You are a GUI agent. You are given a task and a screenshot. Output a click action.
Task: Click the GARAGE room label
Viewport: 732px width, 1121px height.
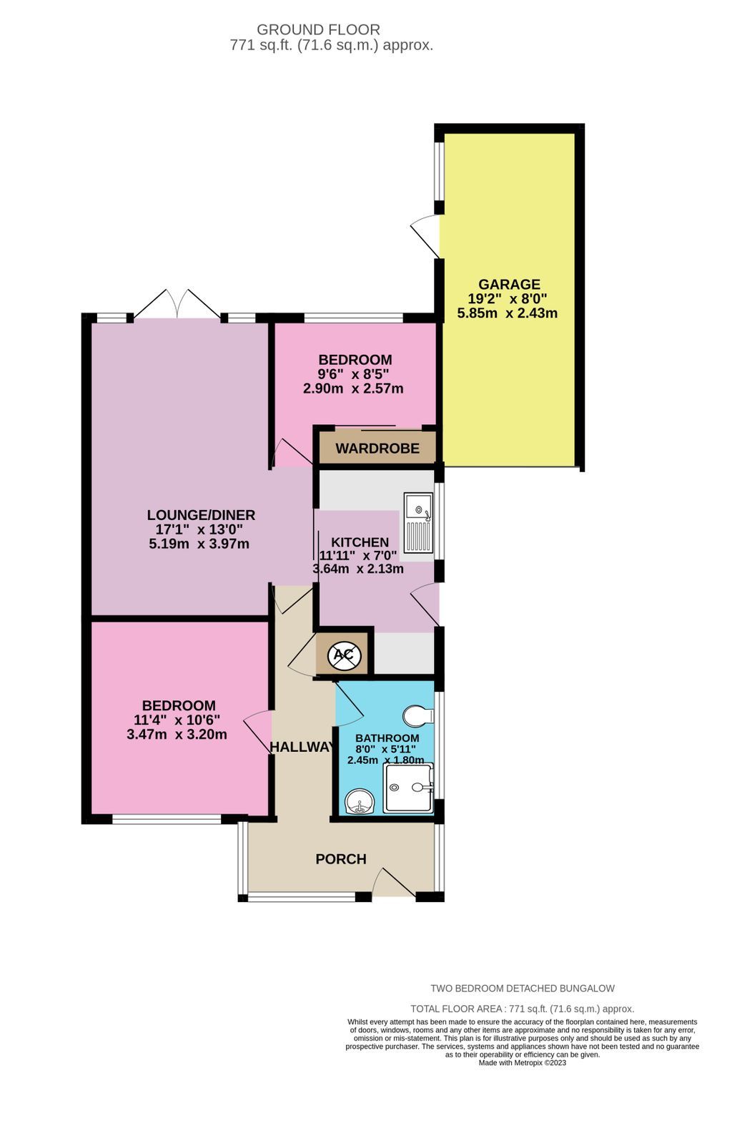tap(509, 284)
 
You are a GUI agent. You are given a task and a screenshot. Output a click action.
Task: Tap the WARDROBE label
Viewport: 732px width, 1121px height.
tap(377, 449)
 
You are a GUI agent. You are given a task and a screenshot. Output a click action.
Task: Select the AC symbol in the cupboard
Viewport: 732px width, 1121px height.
tap(343, 653)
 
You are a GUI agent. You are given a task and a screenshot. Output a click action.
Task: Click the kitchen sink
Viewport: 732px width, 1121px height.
tap(418, 522)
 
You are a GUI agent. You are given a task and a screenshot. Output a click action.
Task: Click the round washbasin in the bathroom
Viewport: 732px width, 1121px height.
tap(358, 803)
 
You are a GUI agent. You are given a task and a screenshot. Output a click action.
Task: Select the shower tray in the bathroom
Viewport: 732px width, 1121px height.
tap(408, 788)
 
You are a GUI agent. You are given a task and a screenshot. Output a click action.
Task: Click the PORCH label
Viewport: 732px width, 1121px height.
tap(341, 859)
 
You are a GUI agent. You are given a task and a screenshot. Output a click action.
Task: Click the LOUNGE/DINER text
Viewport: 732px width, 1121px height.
tap(201, 515)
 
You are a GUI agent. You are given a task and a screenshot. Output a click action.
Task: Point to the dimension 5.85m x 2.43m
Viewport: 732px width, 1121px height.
tap(508, 313)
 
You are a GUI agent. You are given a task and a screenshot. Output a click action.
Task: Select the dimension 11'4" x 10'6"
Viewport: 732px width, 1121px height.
tap(177, 720)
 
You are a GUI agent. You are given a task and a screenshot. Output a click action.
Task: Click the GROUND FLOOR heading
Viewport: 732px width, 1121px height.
tap(318, 29)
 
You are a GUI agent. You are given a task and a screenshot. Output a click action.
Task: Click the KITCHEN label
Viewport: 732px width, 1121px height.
tap(360, 543)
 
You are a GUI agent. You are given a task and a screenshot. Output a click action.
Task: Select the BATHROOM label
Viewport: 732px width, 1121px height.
tap(387, 738)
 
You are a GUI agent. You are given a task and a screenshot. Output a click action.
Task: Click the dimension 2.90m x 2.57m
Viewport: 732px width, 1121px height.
tap(353, 388)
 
